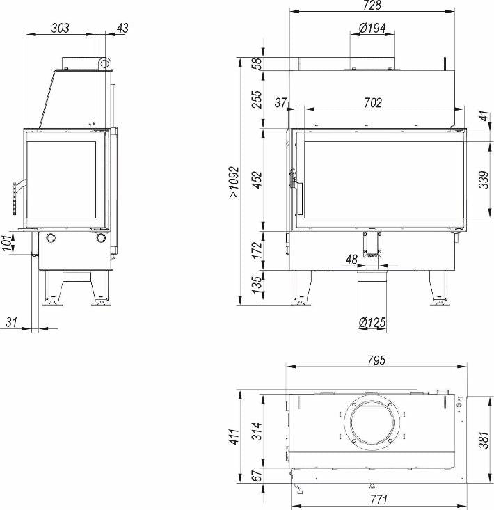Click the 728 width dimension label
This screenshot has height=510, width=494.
(372, 5)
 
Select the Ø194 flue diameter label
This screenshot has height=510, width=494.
(372, 28)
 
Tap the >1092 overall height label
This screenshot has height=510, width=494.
(234, 182)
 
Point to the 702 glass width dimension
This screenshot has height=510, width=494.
(373, 103)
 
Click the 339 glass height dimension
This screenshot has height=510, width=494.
(484, 180)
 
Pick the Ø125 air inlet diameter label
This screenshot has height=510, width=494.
(372, 322)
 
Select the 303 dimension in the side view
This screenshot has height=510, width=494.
(61, 28)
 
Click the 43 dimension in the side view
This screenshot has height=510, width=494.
(122, 28)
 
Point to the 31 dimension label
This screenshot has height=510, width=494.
(11, 322)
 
